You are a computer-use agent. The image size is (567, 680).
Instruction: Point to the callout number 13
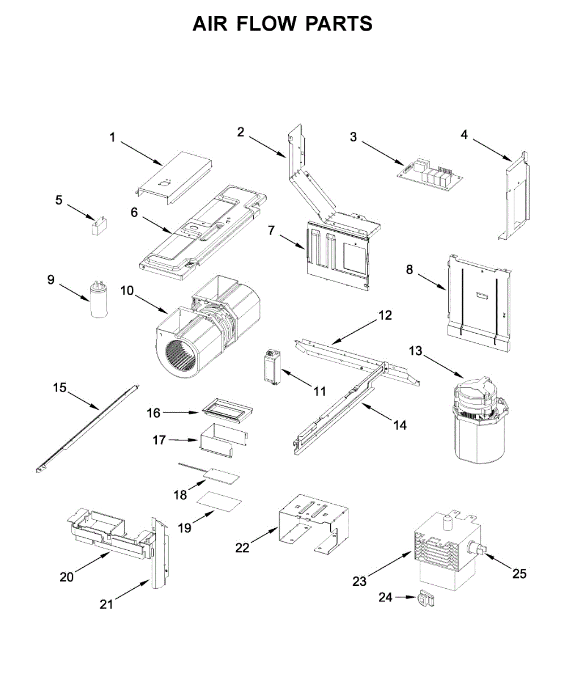pos(416,351)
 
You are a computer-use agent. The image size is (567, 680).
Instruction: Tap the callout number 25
pos(519,573)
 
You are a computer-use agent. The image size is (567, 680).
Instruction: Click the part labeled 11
pos(272,368)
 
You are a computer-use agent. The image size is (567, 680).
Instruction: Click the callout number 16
pos(154,413)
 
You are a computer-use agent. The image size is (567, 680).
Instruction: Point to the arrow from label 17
pos(183,440)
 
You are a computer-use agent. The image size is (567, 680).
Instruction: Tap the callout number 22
pos(242,547)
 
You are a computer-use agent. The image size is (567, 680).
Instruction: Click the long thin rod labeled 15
pos(85,427)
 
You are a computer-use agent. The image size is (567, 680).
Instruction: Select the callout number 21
pos(106,605)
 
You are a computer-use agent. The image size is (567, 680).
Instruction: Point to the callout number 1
pos(112,137)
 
